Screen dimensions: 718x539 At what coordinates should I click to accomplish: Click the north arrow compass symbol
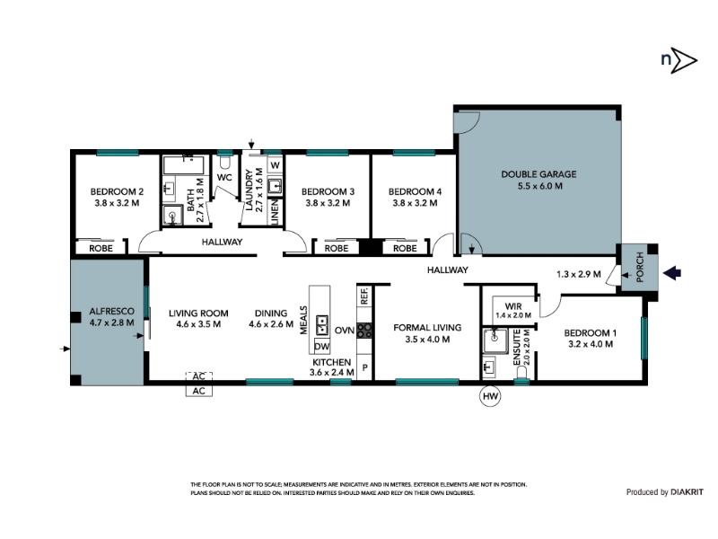coord(679,60)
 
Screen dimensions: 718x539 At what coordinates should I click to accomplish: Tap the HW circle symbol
coord(490,396)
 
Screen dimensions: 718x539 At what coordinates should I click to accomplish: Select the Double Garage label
coord(538,174)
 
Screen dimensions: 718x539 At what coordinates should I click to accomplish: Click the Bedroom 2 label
coord(117,191)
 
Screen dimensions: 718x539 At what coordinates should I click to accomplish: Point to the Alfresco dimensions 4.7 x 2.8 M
coord(111,323)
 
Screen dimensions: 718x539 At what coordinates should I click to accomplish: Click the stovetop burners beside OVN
coord(364,331)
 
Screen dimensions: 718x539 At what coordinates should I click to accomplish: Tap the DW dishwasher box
coord(322,347)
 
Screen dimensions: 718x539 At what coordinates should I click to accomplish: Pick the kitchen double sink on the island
coord(322,325)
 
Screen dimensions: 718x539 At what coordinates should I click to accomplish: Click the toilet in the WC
coord(225,163)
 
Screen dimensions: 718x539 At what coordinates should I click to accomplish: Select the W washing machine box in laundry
coord(275,165)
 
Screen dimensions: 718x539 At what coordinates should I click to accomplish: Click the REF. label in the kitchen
coord(364,296)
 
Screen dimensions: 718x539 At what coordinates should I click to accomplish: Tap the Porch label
coord(640,267)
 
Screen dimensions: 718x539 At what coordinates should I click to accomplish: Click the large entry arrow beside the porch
coord(671,273)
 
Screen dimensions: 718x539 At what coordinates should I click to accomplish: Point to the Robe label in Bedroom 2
coord(101,249)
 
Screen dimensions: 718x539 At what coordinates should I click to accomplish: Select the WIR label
coord(512,306)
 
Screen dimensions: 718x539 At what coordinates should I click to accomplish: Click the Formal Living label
coord(427,328)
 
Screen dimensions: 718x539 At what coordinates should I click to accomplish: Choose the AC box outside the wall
coord(198,391)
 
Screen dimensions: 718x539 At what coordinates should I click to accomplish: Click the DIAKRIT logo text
coord(687,492)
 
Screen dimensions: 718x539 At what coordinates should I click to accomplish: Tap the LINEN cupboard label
coord(275,212)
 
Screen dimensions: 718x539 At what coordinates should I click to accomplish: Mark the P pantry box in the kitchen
coord(364,367)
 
